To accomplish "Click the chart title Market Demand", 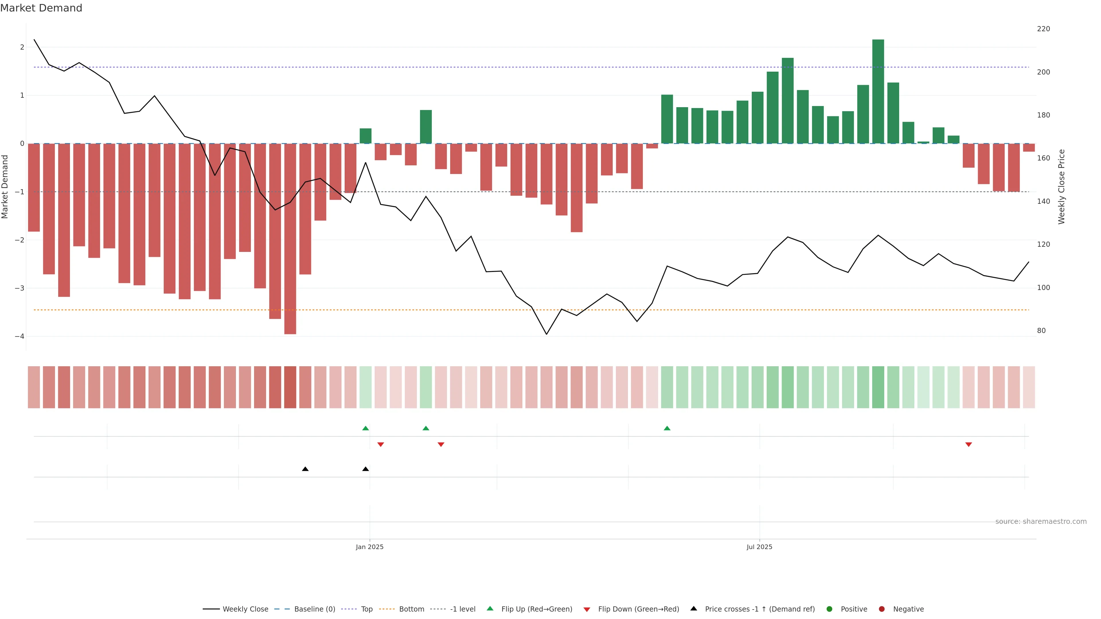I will (x=41, y=8).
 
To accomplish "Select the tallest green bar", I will (x=878, y=91).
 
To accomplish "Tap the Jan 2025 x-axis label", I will (x=370, y=547).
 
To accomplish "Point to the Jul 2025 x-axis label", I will (x=759, y=547).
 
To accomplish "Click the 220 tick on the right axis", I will (x=1043, y=29).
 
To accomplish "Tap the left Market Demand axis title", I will (x=5, y=187).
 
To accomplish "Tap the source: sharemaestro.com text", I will (x=1041, y=522).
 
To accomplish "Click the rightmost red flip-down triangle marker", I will (x=969, y=445).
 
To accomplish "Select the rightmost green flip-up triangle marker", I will (x=667, y=428).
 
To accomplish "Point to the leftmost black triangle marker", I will (x=305, y=469).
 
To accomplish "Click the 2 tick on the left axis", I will (x=22, y=47).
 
